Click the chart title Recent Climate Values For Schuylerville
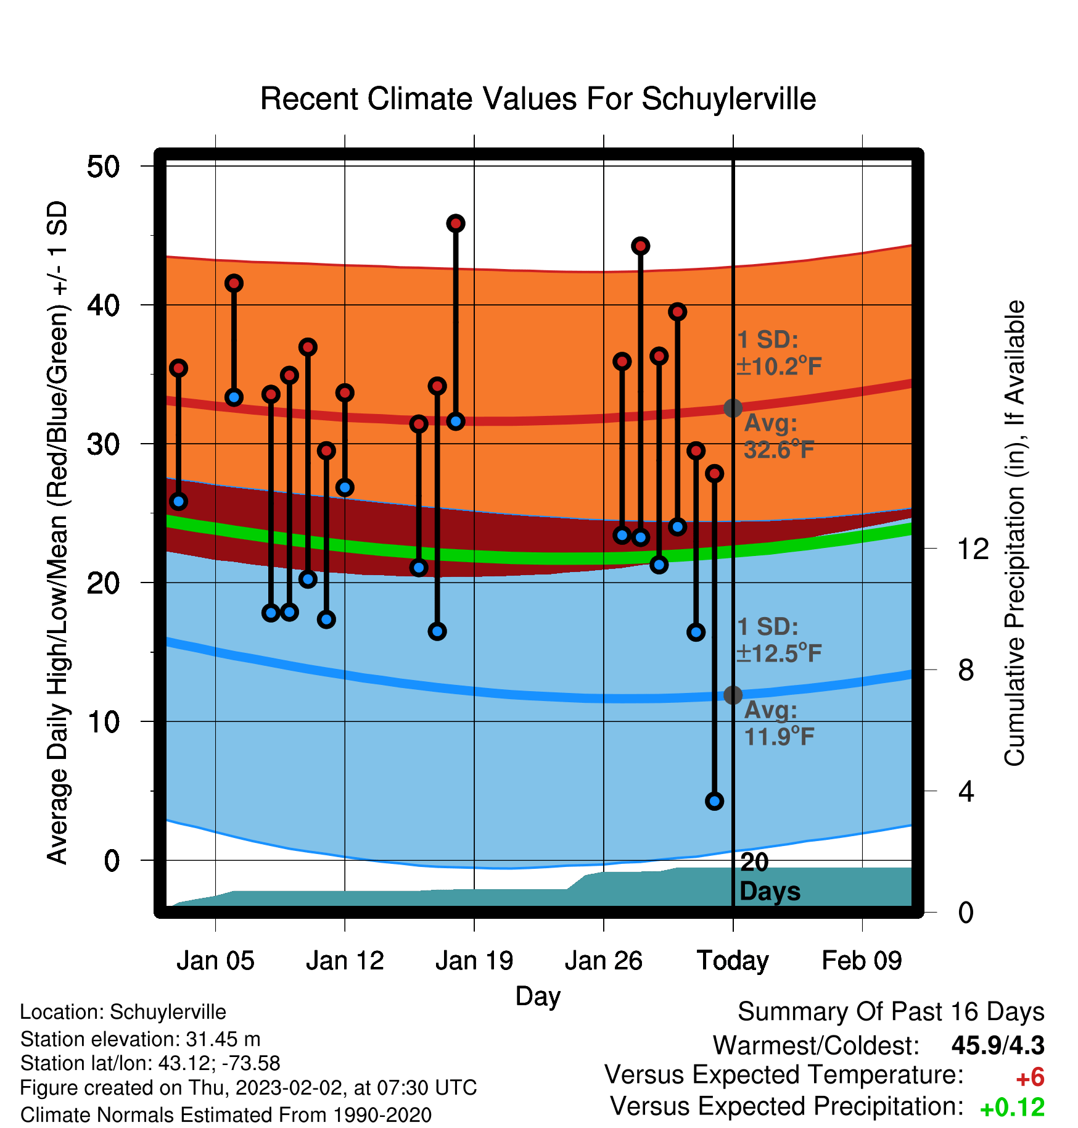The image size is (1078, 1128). (x=538, y=99)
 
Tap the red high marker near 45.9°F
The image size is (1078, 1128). (x=456, y=223)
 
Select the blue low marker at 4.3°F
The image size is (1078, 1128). (x=714, y=801)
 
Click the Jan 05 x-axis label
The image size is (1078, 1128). (x=215, y=961)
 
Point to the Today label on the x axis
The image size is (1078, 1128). (x=733, y=961)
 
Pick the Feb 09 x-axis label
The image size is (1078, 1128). (x=862, y=961)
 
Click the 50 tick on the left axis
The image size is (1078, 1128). (x=104, y=167)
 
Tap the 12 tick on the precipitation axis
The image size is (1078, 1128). (x=973, y=549)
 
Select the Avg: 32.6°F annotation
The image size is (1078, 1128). (x=779, y=436)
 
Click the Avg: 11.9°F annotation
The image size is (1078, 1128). (x=779, y=723)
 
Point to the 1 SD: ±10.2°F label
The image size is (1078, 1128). (x=779, y=353)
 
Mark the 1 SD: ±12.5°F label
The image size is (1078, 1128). (x=779, y=640)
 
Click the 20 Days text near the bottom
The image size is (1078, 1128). (x=770, y=877)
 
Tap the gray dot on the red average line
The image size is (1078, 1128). (x=733, y=408)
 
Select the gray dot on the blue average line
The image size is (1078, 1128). (x=733, y=695)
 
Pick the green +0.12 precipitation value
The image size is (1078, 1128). (x=1012, y=1108)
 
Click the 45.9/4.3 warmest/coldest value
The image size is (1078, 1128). (x=998, y=1045)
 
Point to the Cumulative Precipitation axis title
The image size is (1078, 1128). (x=1014, y=533)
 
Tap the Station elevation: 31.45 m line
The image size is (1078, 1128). (x=140, y=1039)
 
